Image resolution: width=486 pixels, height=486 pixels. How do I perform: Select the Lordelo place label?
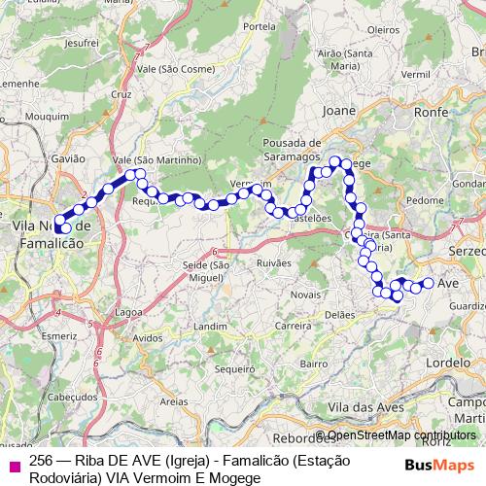coord(448,361)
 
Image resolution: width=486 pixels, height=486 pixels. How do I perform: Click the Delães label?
coord(339,314)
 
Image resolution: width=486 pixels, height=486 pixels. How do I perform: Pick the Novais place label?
coord(304,295)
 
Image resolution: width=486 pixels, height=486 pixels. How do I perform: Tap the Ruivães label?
coord(274,262)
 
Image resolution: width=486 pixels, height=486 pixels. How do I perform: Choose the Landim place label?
coord(209,328)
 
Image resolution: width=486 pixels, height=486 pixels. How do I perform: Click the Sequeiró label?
coord(233,368)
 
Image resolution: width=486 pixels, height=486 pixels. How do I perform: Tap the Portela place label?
coord(260,26)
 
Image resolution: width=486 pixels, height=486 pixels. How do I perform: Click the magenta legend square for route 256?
coord(14,465)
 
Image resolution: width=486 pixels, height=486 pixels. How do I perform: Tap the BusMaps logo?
coord(439,465)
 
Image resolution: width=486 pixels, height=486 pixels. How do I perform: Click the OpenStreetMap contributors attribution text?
coord(401,435)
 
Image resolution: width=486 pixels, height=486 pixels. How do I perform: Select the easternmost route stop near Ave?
coord(428,283)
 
